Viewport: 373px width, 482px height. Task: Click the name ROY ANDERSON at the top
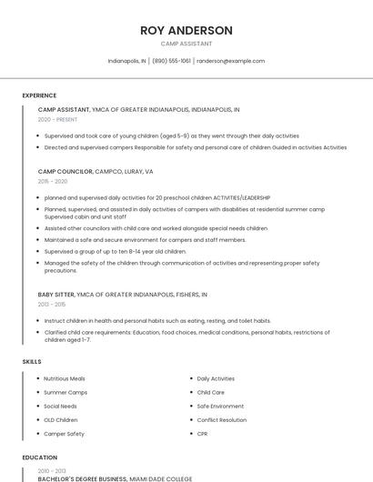[x=186, y=30]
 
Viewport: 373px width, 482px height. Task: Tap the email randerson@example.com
[x=231, y=61]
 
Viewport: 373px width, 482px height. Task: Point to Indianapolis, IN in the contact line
[x=127, y=61]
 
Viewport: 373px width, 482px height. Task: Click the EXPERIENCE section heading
[x=39, y=95]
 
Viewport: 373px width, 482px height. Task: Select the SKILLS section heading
[x=32, y=362]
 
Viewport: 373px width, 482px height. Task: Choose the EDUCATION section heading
[x=40, y=457]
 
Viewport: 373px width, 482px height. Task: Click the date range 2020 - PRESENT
[x=58, y=119]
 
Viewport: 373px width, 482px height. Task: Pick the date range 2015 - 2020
[x=53, y=182]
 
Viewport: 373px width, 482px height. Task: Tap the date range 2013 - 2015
[x=53, y=305]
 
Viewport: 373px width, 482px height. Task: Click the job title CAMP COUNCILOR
[x=66, y=171]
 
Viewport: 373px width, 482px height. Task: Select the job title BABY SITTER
[x=57, y=295]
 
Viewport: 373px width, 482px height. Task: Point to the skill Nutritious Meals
[x=65, y=378]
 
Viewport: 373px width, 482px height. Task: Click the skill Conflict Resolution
[x=222, y=420]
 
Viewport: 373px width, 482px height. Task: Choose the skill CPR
[x=202, y=434]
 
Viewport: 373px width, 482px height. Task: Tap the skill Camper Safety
[x=64, y=434]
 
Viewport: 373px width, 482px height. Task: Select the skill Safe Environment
[x=220, y=406]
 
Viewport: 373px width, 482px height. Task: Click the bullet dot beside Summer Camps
[x=37, y=392]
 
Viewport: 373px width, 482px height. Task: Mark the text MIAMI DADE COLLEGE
[x=161, y=478]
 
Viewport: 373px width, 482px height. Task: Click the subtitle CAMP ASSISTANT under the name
[x=186, y=44]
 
